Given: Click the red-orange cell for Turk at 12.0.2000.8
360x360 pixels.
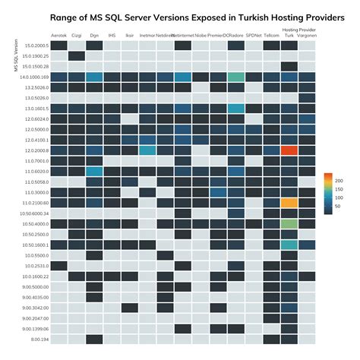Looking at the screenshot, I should pyautogui.click(x=289, y=150).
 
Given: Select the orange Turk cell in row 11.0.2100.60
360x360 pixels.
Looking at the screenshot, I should pyautogui.click(x=289, y=203).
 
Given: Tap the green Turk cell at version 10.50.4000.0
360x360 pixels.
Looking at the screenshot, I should pyautogui.click(x=289, y=224).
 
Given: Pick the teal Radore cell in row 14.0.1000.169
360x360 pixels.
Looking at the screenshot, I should pyautogui.click(x=235, y=77).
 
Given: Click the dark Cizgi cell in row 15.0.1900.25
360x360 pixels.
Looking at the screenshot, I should pyautogui.click(x=77, y=55).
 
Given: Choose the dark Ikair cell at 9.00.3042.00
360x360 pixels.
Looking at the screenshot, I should pyautogui.click(x=130, y=308).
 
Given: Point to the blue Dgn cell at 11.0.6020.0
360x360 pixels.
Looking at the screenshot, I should pyautogui.click(x=94, y=172).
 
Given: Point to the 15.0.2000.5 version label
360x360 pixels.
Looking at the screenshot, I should pyautogui.click(x=36, y=46).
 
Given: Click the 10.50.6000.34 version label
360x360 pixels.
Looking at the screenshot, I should pyautogui.click(x=34, y=213).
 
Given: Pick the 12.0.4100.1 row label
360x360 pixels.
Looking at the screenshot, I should pyautogui.click(x=36, y=140).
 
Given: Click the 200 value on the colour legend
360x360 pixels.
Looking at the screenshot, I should pyautogui.click(x=339, y=181).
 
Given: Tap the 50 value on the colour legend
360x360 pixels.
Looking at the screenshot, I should pyautogui.click(x=337, y=206).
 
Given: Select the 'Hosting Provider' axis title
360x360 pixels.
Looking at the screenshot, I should pyautogui.click(x=298, y=30).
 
